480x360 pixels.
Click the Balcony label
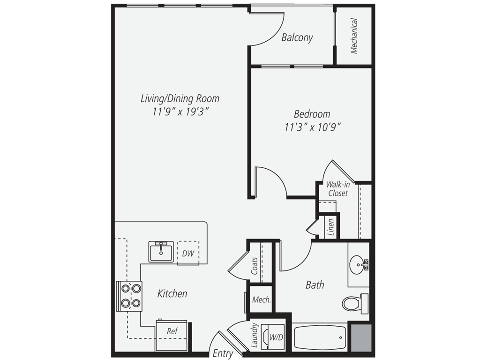[297, 37]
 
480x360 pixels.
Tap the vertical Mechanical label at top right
[354, 36]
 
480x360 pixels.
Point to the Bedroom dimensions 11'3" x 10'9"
[312, 127]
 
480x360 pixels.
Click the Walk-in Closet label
[338, 188]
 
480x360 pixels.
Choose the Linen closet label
[331, 227]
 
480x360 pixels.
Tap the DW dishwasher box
[188, 254]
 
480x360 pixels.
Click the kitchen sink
[161, 251]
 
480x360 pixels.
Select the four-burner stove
[131, 296]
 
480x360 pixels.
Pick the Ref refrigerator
[172, 331]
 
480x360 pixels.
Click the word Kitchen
[172, 294]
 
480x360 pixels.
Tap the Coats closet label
[255, 265]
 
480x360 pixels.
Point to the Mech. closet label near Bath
[261, 300]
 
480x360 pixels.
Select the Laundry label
[255, 335]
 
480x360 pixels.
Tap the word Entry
[223, 353]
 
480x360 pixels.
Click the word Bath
[315, 285]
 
